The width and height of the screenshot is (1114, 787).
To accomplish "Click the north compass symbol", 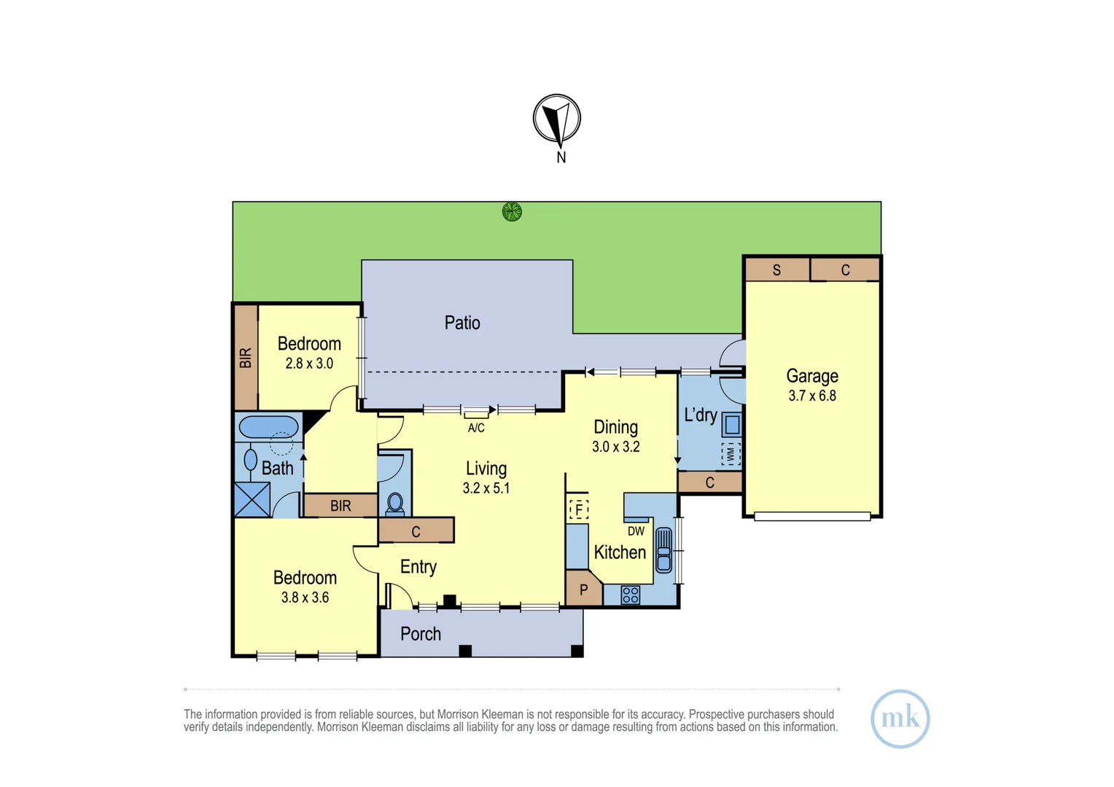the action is [557, 120].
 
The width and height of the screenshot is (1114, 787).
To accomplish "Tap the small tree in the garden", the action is [512, 212].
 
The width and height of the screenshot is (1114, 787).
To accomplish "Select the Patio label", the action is [462, 323].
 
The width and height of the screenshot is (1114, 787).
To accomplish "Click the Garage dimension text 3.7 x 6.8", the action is [812, 396].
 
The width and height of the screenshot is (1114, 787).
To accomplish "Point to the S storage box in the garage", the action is [777, 270].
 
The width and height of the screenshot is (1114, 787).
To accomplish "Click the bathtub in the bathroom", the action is [268, 427].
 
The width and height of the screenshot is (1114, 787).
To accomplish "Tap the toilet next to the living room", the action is [395, 504].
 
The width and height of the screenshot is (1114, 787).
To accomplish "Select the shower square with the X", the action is [253, 500].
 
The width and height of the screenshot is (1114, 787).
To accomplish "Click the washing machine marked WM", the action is [731, 454].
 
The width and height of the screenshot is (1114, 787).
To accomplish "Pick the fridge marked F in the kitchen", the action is [578, 510].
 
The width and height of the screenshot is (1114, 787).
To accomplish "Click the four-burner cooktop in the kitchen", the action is [630, 595].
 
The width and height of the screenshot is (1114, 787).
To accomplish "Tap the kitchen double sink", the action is [664, 550].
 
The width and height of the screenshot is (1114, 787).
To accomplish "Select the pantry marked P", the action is [583, 588].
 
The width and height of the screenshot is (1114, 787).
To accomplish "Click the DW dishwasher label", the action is [636, 531].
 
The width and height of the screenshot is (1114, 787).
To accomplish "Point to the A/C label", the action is [476, 428].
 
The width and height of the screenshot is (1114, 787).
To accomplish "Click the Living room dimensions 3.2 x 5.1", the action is [486, 488].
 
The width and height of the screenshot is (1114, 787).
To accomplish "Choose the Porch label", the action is [421, 635].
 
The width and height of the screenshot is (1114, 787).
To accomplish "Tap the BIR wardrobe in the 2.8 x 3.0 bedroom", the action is [246, 358].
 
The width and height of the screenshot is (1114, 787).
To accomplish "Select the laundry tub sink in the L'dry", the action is [732, 425].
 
